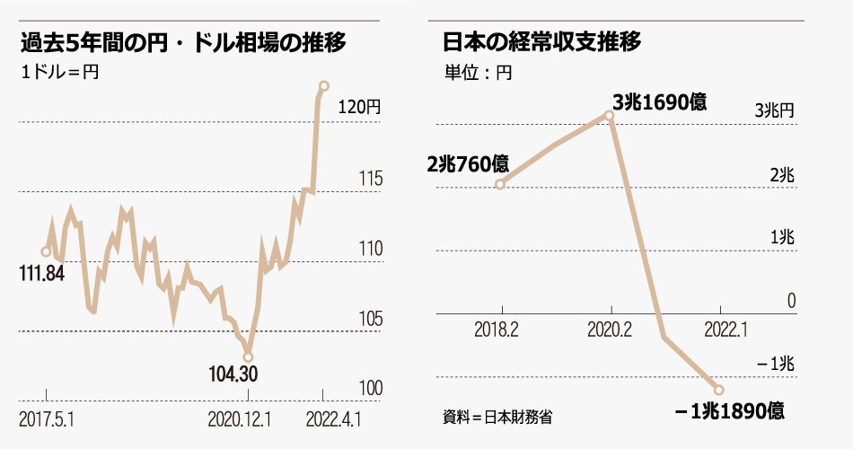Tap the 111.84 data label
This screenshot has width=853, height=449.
(x=41, y=274)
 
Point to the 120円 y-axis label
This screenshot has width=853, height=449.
(x=359, y=106)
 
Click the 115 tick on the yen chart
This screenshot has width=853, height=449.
(x=369, y=178)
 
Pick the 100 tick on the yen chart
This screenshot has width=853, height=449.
(x=369, y=388)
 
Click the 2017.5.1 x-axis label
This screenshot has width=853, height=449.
(x=48, y=418)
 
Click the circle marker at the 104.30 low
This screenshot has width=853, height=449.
(x=249, y=357)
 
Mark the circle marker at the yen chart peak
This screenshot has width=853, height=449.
(x=324, y=85)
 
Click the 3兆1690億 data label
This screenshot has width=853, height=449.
(x=659, y=102)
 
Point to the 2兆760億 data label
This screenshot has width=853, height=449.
(x=467, y=164)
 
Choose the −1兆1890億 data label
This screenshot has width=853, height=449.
(x=730, y=412)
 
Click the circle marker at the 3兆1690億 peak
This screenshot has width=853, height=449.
(x=610, y=115)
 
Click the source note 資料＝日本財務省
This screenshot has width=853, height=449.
(x=497, y=417)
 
